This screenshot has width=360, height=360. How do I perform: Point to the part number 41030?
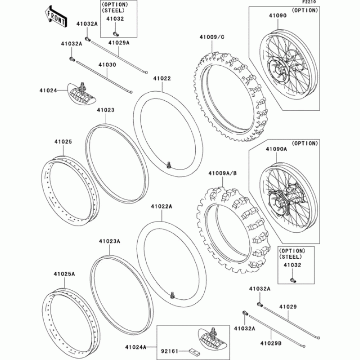tap(108, 65)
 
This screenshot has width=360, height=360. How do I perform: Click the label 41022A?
tap(162, 207)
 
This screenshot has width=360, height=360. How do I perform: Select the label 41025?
tap(63, 141)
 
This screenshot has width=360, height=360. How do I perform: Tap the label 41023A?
tap(109, 241)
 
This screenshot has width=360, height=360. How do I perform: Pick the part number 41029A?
tap(118, 43)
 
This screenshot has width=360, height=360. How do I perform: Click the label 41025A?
tap(64, 274)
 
